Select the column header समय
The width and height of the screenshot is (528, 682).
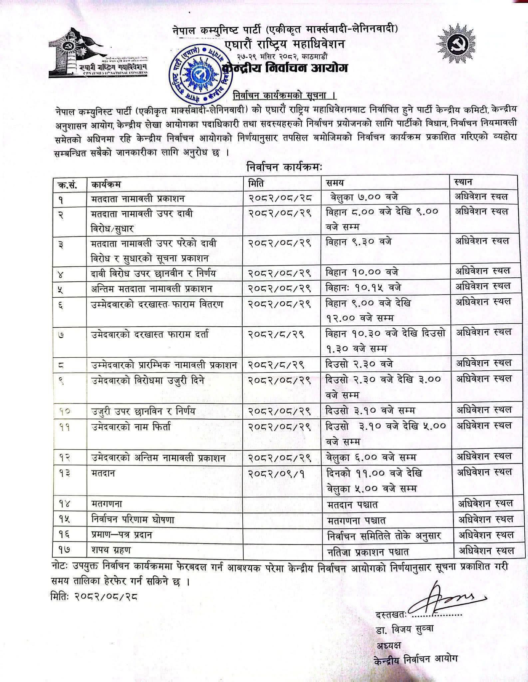click(335, 183)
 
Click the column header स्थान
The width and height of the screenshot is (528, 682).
click(462, 182)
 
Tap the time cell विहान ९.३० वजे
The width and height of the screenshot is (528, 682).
click(358, 241)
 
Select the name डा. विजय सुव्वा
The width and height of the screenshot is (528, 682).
click(405, 629)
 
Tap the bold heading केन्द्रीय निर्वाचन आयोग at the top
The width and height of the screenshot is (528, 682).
click(287, 69)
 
